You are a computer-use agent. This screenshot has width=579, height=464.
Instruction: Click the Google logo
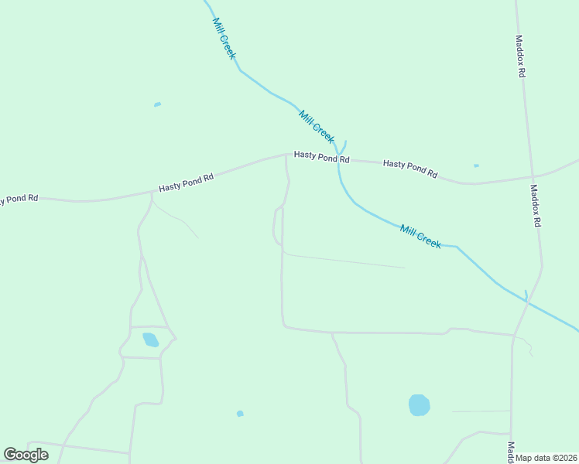(26, 454)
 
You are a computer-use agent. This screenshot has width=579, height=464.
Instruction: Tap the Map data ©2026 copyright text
(546, 458)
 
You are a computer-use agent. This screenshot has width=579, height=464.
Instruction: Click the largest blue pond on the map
(419, 404)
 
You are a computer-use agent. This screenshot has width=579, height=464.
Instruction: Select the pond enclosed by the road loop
(150, 339)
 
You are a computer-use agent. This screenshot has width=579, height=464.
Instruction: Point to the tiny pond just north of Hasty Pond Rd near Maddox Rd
(476, 165)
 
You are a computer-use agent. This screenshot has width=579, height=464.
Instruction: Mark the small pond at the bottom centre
(240, 414)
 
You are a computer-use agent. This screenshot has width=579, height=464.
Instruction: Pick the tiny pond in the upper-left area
(157, 104)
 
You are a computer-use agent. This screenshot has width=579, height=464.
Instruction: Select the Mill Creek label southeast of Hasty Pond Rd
(420, 236)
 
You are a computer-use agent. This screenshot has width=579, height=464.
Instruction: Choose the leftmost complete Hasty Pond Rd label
(186, 183)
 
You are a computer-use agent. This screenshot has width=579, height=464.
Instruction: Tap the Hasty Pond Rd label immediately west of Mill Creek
(322, 157)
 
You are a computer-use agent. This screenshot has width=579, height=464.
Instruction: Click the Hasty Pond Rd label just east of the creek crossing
(410, 169)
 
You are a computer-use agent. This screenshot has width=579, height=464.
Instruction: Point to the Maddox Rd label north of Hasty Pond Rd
(521, 55)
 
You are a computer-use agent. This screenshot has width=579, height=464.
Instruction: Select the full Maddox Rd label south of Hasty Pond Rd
(535, 205)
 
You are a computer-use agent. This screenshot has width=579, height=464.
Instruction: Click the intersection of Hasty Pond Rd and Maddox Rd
(532, 177)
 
